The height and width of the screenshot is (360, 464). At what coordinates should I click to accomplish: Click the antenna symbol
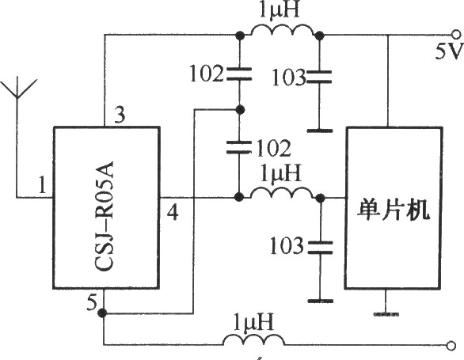pos(17,89)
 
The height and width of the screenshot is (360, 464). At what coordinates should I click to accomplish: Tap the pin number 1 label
pos(43,185)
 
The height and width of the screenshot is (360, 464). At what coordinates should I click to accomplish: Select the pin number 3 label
pos(120,115)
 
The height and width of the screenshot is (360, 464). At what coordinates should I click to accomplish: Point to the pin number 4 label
pos(173,212)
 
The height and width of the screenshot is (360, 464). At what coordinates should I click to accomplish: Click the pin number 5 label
pos(92,302)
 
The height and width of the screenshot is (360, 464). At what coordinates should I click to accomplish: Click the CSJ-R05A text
pos(105,216)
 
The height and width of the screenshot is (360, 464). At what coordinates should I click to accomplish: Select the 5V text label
pos(448,51)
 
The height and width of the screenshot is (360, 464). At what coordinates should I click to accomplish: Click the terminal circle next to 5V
pos(456,35)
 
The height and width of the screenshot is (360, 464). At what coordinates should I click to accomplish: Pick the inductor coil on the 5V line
pos(281,30)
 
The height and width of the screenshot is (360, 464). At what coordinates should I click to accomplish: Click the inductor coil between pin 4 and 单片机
pos(281,192)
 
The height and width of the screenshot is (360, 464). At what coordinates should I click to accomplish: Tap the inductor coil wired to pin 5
pos(253,339)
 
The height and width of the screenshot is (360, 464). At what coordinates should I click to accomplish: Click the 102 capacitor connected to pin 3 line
pos(239,74)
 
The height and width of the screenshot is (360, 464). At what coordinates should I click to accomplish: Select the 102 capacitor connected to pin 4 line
pos(238,147)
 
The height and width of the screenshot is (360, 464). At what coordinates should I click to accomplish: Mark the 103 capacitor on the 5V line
pos(319,77)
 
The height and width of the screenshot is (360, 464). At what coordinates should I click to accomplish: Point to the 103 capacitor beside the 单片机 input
pos(320,248)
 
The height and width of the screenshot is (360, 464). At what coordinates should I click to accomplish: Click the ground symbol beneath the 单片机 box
pos(386,313)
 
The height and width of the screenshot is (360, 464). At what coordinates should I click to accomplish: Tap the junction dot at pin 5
pos(102,313)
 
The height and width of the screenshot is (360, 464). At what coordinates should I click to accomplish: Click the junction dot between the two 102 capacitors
pos(240,110)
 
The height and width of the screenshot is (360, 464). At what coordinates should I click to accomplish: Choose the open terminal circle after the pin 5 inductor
pos(451,346)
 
